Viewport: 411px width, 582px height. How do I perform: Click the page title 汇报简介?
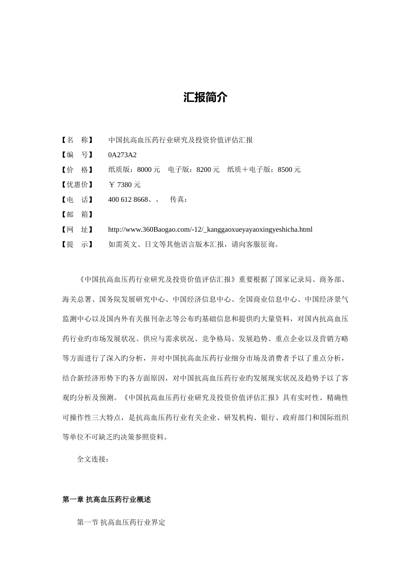[x=205, y=97]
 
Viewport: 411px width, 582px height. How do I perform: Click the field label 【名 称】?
[x=77, y=140]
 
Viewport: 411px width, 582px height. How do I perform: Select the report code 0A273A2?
[x=122, y=155]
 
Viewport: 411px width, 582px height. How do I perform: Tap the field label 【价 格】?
[x=77, y=170]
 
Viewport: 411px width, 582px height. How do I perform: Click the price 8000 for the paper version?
[x=144, y=170]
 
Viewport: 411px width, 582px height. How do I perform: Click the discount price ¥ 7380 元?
[x=125, y=185]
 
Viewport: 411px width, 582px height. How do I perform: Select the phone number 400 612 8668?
[x=128, y=200]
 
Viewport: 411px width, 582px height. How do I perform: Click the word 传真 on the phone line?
[x=177, y=200]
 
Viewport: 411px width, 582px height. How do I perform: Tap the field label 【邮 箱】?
[x=77, y=214]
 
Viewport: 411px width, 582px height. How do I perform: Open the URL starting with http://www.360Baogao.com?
[x=210, y=230]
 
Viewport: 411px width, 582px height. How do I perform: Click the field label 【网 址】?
[x=77, y=230]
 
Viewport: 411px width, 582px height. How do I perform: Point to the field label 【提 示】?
[x=77, y=244]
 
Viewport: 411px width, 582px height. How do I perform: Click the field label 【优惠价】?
[x=77, y=185]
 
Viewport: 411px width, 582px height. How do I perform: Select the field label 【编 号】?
[x=77, y=155]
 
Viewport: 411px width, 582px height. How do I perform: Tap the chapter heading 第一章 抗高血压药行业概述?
[x=106, y=499]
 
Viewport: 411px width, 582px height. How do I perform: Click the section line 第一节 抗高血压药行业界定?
[x=121, y=522]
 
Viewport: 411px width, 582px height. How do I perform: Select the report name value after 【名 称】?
[x=180, y=140]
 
